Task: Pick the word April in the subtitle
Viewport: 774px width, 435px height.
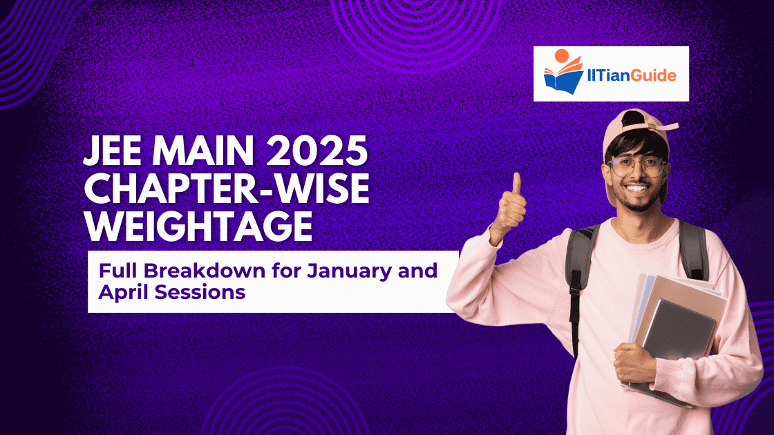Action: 123,292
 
